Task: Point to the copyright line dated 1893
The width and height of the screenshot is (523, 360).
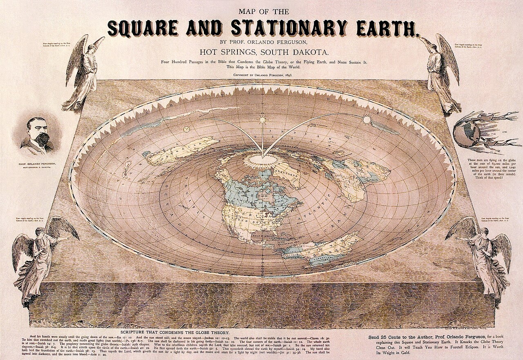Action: coord(261,76)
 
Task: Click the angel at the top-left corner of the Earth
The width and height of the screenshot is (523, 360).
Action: coord(82,74)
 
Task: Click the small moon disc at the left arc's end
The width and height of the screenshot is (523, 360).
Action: coord(187,130)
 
